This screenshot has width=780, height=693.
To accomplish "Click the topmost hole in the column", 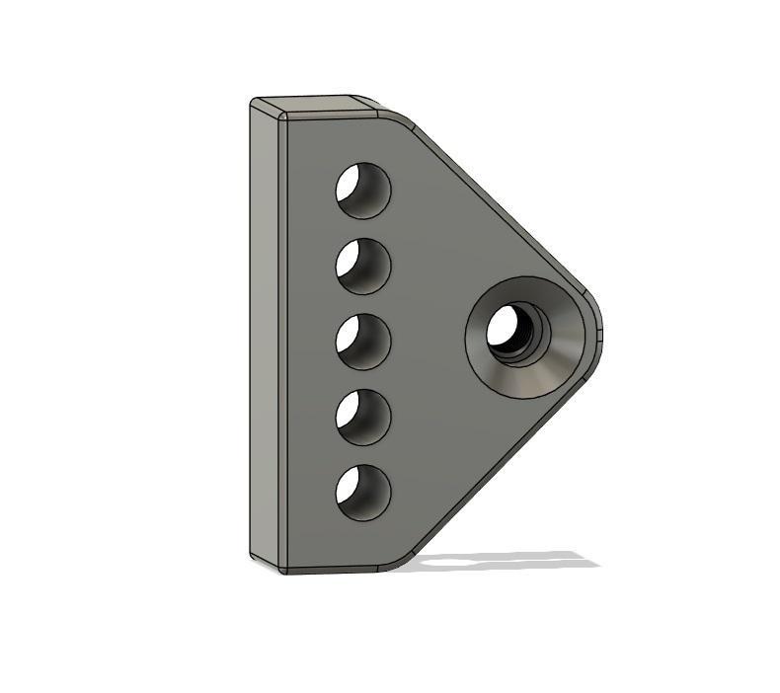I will tap(362, 190).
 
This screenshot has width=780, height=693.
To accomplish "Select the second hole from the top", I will tap(362, 266).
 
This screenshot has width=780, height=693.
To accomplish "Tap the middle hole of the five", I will tap(362, 341).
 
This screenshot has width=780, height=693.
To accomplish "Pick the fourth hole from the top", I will tap(362, 417).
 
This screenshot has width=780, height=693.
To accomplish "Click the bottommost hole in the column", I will tap(362, 492).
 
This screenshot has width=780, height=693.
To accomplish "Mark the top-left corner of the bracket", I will tap(255, 102).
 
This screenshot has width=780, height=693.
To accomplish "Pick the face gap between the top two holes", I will tap(362, 228).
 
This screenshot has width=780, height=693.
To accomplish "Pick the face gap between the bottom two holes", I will tap(362, 454).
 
